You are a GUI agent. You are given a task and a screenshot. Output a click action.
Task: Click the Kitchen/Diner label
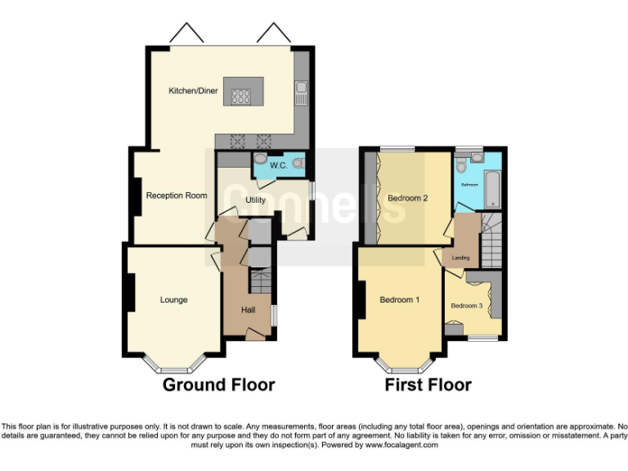[x=193, y=91]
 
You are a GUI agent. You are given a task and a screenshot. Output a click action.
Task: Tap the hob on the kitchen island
[x=241, y=96]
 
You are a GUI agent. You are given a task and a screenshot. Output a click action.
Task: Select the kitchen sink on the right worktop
[x=302, y=92]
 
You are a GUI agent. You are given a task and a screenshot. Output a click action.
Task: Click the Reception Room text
[x=176, y=195]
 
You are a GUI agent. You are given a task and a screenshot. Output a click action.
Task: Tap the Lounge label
[x=173, y=300]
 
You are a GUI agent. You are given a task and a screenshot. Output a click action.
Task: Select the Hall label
[x=248, y=310]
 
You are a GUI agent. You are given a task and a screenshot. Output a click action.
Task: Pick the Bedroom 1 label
[x=400, y=300]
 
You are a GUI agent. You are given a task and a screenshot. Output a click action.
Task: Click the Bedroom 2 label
[x=408, y=198]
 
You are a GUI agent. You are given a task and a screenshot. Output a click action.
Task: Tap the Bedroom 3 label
[x=467, y=305]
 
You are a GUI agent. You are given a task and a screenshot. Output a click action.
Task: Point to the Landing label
[x=461, y=258]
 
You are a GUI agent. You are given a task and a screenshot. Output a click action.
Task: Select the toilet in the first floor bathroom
[x=462, y=165]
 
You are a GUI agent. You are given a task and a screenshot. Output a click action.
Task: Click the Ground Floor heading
[x=218, y=384]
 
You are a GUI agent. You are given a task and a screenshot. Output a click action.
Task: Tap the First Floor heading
[x=428, y=384]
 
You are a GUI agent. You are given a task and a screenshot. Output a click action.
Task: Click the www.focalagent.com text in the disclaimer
[x=401, y=446]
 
